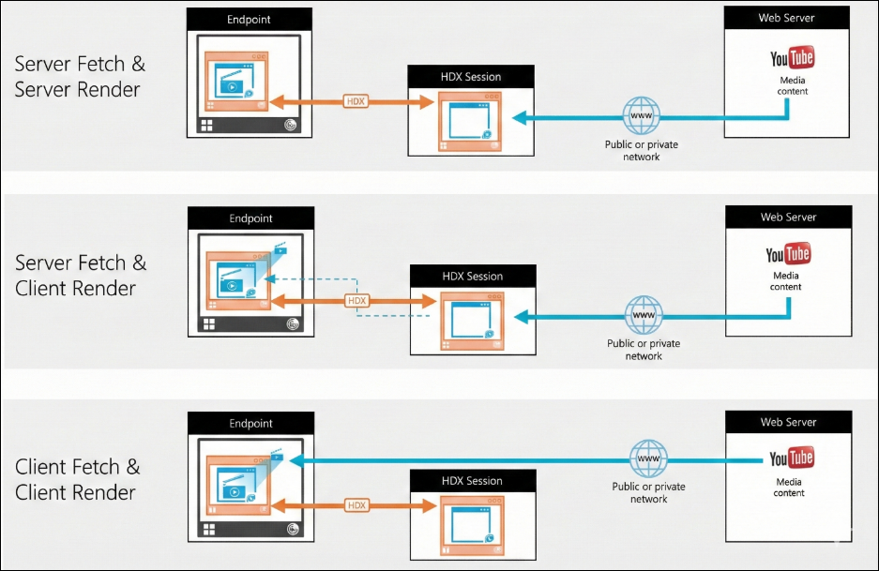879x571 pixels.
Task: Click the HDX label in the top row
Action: pyautogui.click(x=356, y=101)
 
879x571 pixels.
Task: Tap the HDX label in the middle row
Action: pyautogui.click(x=357, y=301)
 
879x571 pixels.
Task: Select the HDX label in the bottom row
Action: pyautogui.click(x=356, y=505)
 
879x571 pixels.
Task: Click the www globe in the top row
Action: pyautogui.click(x=642, y=115)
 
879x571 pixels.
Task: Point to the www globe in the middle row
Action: pyautogui.click(x=644, y=315)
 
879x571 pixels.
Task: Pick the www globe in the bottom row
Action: pyautogui.click(x=648, y=458)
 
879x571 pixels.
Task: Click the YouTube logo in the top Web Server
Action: pyautogui.click(x=792, y=58)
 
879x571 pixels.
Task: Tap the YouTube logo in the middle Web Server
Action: pyautogui.click(x=788, y=254)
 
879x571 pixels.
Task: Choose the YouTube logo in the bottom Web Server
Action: pyautogui.click(x=792, y=458)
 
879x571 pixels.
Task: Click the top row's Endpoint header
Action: pyautogui.click(x=249, y=19)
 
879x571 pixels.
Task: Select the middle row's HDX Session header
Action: pyautogui.click(x=473, y=276)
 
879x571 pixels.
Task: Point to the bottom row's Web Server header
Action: pyautogui.click(x=788, y=422)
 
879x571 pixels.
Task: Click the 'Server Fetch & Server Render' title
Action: pyautogui.click(x=80, y=76)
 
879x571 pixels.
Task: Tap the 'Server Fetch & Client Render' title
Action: pyautogui.click(x=81, y=275)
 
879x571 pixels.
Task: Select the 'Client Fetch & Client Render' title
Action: pyautogui.click(x=77, y=479)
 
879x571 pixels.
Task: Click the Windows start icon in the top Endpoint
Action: pyautogui.click(x=207, y=126)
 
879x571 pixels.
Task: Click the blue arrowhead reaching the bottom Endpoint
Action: pyautogui.click(x=296, y=460)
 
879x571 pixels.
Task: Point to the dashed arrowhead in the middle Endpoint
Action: pyautogui.click(x=268, y=278)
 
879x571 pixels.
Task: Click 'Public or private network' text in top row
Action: pyautogui.click(x=642, y=151)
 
